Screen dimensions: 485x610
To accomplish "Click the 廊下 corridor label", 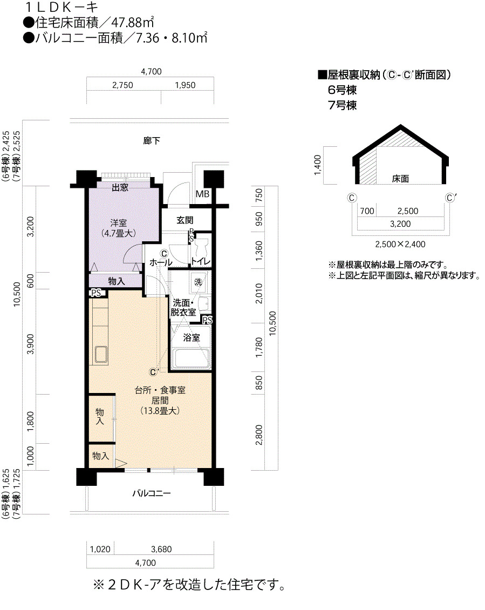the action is tap(151, 140).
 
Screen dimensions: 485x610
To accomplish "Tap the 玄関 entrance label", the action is tap(185, 220).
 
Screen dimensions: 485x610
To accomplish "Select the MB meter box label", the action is tap(202, 194).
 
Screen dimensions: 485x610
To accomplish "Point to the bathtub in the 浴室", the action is tap(190, 358).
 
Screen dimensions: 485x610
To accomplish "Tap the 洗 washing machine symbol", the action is tap(199, 282).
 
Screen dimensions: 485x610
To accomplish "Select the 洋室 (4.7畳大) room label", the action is tap(118, 228).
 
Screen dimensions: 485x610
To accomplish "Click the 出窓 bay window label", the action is tap(120, 187).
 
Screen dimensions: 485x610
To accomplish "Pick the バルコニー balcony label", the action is tap(151, 493).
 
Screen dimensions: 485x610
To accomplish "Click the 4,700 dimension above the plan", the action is tap(151, 72).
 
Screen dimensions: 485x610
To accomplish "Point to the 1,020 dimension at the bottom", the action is tap(100, 550).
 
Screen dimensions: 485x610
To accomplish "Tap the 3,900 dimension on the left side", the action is tap(30, 344).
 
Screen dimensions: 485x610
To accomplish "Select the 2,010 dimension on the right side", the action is tap(259, 293).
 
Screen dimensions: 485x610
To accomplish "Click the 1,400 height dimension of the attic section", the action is tap(318, 165).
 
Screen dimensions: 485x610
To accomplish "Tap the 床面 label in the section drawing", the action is tap(400, 179).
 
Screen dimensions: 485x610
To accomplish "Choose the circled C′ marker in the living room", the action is tap(154, 372).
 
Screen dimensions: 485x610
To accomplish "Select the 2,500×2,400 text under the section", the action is tap(400, 245).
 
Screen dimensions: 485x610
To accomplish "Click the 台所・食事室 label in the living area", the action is tap(160, 390).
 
